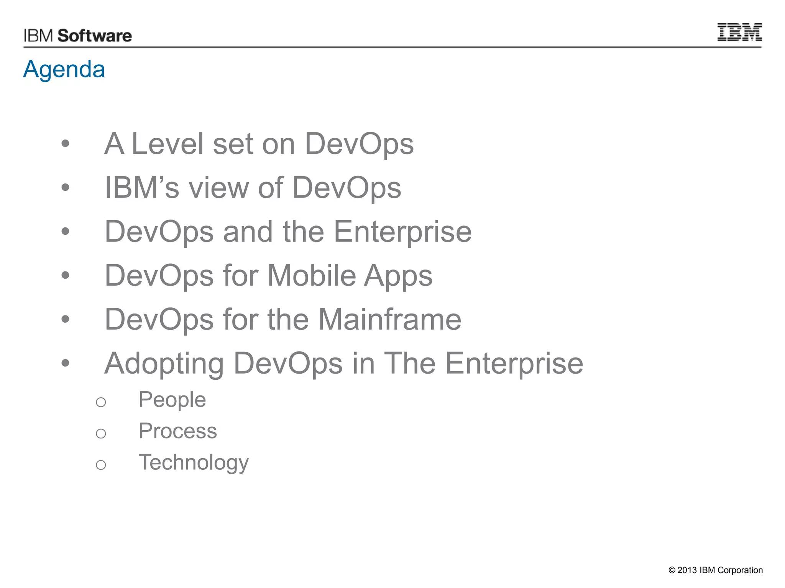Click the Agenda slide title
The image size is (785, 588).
point(64,70)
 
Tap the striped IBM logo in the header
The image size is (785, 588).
point(739,32)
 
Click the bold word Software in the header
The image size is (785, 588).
point(95,36)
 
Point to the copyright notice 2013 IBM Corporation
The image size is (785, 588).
point(715,570)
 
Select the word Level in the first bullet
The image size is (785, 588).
point(167,144)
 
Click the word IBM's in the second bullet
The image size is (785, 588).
point(142,188)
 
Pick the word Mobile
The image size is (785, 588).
point(312,276)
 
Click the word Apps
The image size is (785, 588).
point(398,276)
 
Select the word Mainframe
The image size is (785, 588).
point(390,319)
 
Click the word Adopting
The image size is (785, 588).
point(164,364)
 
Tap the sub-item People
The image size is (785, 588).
point(172,400)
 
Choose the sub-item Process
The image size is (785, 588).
point(178,431)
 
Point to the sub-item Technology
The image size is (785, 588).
point(194,462)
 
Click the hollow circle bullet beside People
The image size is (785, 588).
point(101,402)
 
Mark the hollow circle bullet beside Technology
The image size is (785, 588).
point(101,465)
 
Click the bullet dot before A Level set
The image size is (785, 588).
point(66,144)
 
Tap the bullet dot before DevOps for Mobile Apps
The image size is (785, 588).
point(66,275)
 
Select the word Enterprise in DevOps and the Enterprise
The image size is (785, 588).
point(402,232)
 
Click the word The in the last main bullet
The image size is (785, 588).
point(409,363)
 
